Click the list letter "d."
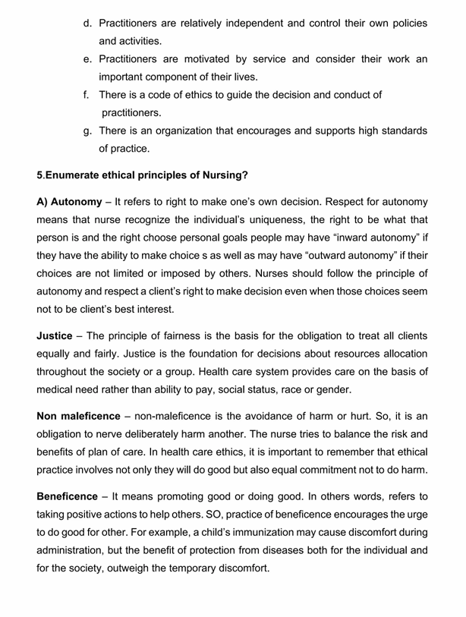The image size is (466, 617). tap(89, 24)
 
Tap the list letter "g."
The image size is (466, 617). tap(89, 131)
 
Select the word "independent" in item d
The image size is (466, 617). tap(246, 24)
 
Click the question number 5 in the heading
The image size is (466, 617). tap(39, 175)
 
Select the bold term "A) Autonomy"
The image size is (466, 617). tap(69, 202)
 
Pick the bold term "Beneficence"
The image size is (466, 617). tap(72, 497)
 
